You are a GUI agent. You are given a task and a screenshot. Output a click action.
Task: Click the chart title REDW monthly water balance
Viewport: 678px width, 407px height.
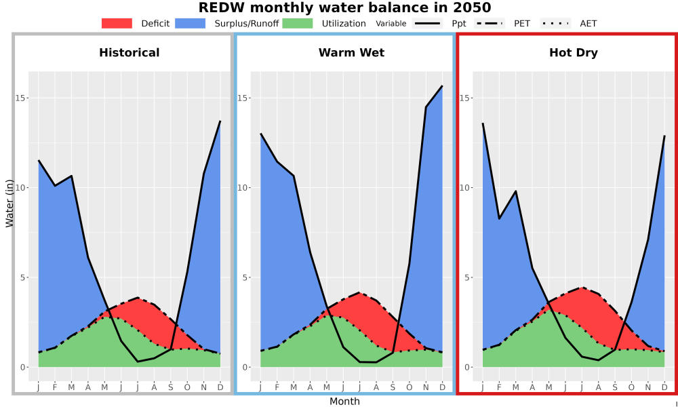pyautogui.click(x=344, y=7)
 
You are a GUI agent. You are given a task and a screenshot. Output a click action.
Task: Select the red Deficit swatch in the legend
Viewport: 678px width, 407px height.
pyautogui.click(x=117, y=23)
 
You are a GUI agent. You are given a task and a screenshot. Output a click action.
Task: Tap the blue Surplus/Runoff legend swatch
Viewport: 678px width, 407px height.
pyautogui.click(x=191, y=23)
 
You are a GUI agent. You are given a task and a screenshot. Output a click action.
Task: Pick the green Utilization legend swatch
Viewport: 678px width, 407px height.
pyautogui.click(x=298, y=23)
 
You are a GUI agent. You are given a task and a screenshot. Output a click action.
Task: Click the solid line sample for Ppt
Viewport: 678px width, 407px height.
pyautogui.click(x=426, y=23)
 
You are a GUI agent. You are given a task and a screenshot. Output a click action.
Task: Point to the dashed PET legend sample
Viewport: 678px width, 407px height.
pyautogui.click(x=489, y=23)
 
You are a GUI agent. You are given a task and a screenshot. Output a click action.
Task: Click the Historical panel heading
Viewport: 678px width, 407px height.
pyautogui.click(x=129, y=53)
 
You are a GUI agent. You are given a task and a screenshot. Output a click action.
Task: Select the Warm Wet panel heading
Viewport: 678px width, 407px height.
pyautogui.click(x=351, y=53)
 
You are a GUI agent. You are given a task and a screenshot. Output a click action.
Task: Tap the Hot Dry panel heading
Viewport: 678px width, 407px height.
pyautogui.click(x=574, y=53)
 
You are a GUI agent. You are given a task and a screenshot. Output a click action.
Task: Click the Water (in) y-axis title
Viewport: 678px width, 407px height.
pyautogui.click(x=9, y=203)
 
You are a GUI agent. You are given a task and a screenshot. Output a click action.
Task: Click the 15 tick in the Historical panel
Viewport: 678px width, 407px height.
pyautogui.click(x=20, y=98)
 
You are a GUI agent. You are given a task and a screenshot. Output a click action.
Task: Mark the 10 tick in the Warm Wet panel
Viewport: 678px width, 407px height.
pyautogui.click(x=242, y=188)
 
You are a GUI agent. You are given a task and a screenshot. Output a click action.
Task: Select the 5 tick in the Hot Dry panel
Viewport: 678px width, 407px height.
pyautogui.click(x=466, y=277)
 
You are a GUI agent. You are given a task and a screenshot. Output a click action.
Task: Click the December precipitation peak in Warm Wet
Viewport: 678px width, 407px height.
pyautogui.click(x=442, y=86)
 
